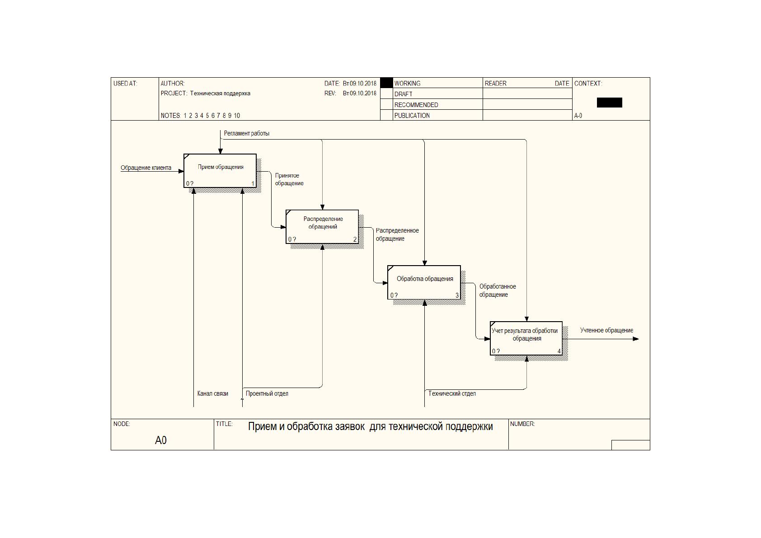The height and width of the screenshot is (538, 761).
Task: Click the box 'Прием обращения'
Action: [x=220, y=170]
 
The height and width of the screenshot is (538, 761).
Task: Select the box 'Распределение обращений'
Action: [x=322, y=227]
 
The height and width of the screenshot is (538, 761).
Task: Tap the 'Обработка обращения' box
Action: [x=424, y=282]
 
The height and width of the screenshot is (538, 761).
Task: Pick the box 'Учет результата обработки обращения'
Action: [x=526, y=338]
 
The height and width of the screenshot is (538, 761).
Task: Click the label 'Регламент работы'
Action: [x=247, y=133]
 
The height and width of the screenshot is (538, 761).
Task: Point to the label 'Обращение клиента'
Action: [x=146, y=168]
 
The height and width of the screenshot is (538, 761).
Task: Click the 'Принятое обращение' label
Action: [x=289, y=179]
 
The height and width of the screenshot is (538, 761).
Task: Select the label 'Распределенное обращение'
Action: [x=397, y=234]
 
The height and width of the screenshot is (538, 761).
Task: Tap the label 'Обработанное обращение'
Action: [x=498, y=290]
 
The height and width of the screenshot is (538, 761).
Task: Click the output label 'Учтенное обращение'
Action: [x=606, y=330]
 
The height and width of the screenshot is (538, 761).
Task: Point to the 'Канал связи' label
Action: [x=213, y=393]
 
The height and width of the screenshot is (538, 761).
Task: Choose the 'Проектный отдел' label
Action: [x=267, y=393]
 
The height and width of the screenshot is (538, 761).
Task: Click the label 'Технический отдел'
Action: [x=452, y=393]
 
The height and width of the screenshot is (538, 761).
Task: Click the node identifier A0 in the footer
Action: [x=161, y=440]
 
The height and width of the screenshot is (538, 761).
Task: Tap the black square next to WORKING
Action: [x=386, y=83]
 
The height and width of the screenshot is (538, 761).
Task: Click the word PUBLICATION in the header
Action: [x=412, y=116]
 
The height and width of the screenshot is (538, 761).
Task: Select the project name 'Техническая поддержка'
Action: [x=220, y=94]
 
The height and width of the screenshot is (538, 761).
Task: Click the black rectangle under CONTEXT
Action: [x=610, y=103]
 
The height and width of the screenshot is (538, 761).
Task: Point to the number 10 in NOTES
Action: [x=237, y=116]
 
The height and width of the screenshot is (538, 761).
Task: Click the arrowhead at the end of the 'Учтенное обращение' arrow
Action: [x=636, y=339]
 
